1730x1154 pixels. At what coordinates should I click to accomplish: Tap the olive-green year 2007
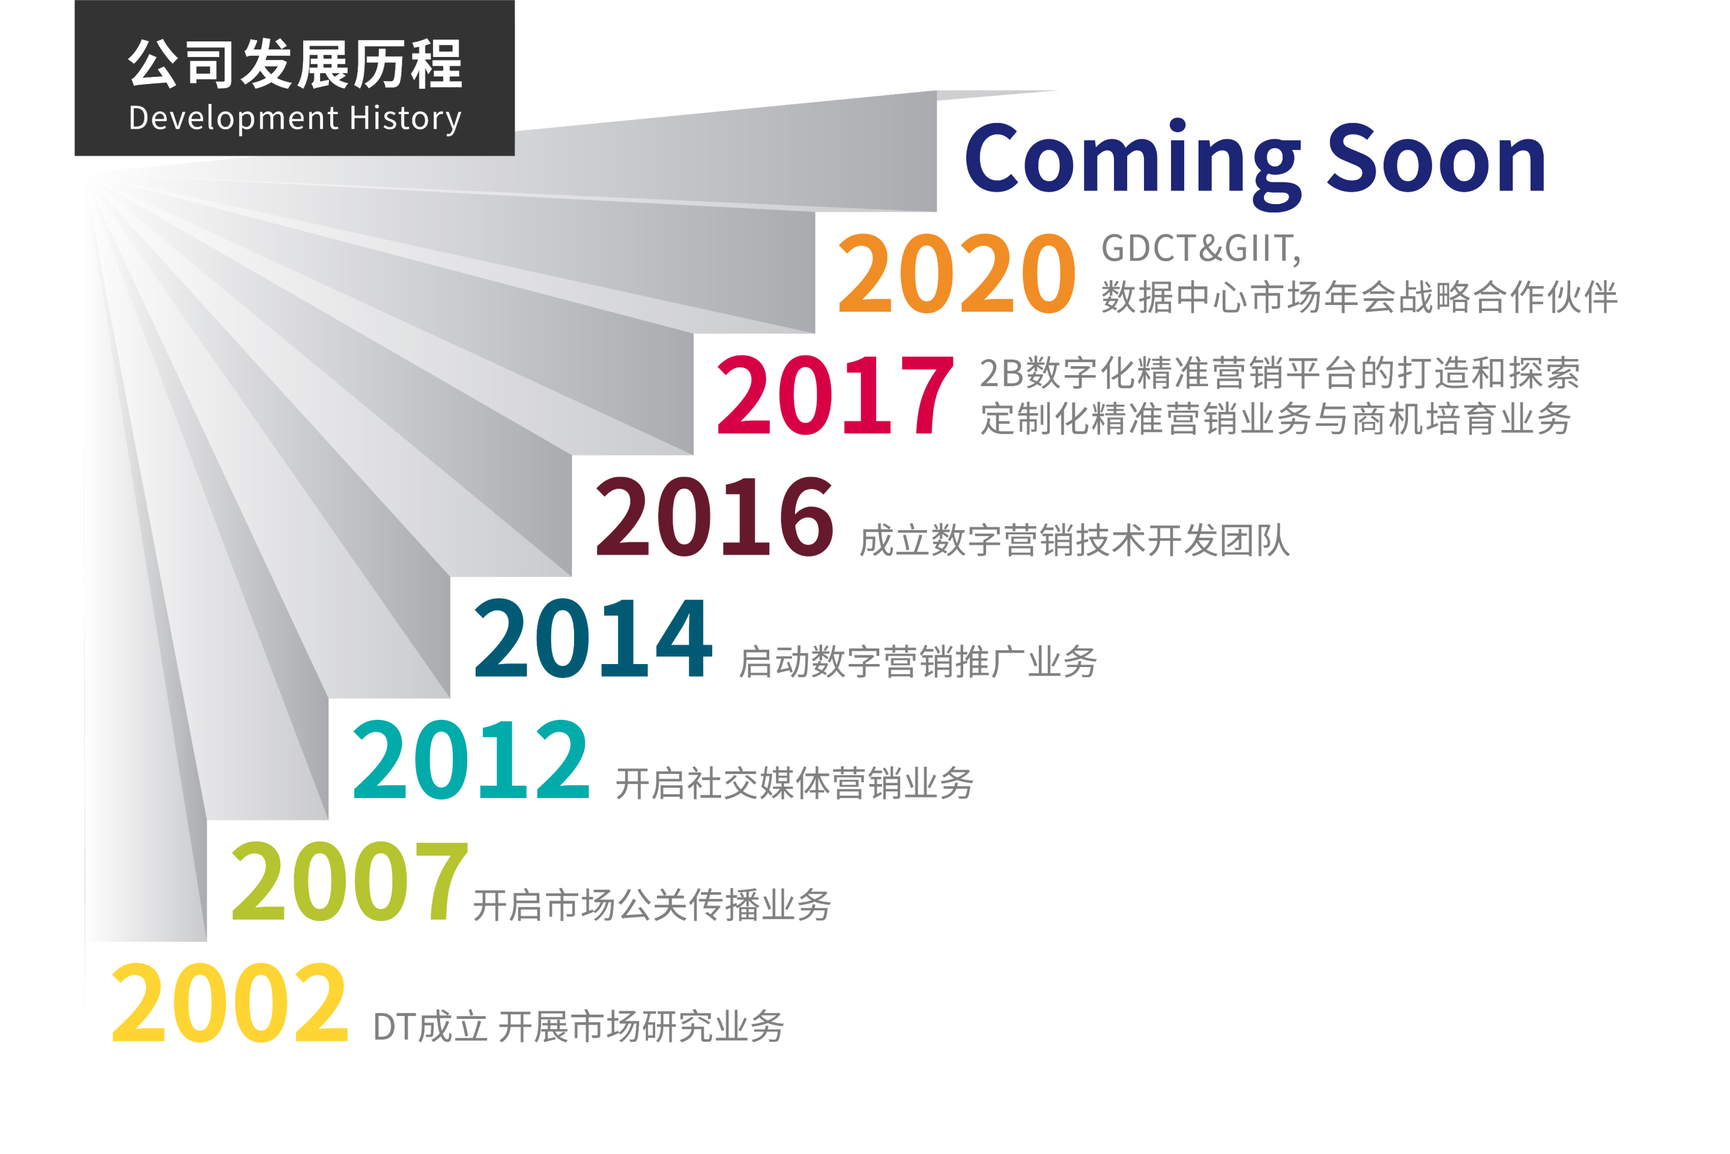349,881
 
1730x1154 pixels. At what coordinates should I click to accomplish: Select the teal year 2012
472,760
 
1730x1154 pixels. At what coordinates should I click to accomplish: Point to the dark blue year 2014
593,638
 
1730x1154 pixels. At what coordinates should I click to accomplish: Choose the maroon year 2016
715,516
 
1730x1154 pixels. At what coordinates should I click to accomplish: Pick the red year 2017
836,394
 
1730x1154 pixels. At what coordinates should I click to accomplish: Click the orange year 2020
957,273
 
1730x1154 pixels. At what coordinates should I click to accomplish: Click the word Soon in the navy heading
1436,159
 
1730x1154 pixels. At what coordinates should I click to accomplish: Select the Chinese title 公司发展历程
295,65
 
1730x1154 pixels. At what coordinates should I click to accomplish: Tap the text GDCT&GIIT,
1201,249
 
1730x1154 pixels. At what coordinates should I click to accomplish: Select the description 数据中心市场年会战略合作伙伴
1359,297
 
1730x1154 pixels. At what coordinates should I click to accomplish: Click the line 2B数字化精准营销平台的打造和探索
1280,372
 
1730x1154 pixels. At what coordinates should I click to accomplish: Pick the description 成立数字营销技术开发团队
1074,540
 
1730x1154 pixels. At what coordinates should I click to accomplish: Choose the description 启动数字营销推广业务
918,662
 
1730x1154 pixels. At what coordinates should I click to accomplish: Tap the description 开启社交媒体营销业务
794,783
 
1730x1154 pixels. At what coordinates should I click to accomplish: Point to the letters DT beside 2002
395,1027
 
